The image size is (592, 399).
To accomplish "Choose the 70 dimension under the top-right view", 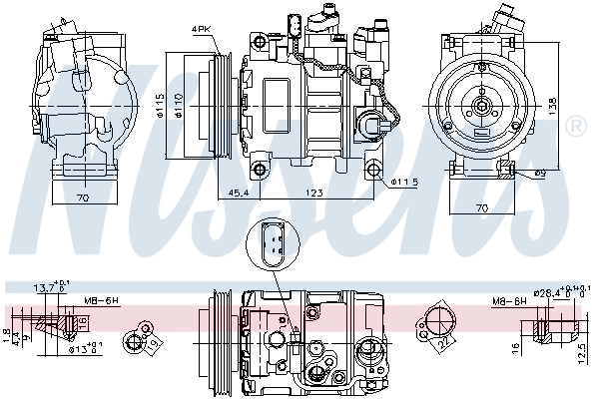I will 482,206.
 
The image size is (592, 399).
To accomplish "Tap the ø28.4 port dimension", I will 549,294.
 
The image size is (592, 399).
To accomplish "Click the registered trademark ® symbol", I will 575,127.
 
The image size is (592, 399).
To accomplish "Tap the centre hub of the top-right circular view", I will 480,103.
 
